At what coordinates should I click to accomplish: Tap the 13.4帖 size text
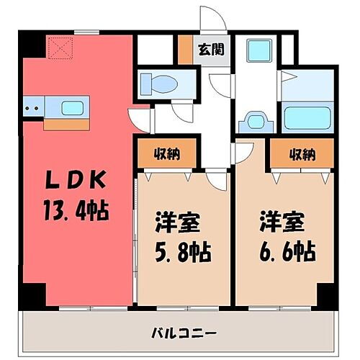(x=75, y=212)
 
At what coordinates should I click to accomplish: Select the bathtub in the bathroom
(x=306, y=117)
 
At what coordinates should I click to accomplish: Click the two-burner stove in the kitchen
(x=32, y=109)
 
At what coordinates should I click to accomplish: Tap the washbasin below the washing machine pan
(x=256, y=119)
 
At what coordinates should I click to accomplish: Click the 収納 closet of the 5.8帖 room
(x=166, y=153)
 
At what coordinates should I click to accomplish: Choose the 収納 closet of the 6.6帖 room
(x=302, y=153)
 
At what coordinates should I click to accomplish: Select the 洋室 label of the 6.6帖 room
(x=280, y=221)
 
